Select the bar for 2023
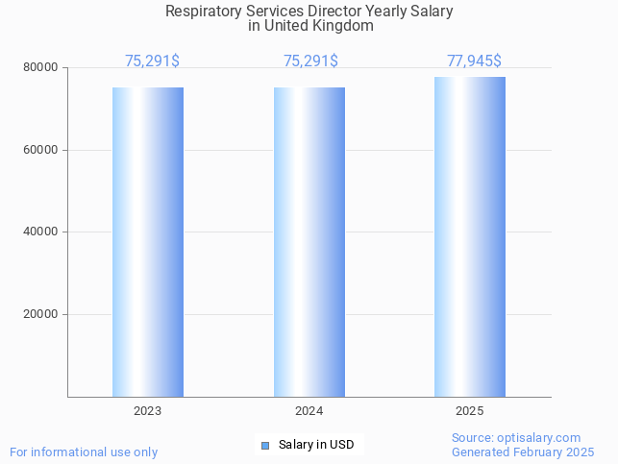pyautogui.click(x=148, y=241)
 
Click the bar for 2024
pyautogui.click(x=309, y=241)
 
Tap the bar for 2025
pyautogui.click(x=470, y=236)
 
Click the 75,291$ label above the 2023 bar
pyautogui.click(x=152, y=61)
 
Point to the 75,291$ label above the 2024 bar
pyautogui.click(x=310, y=61)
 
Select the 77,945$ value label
pyautogui.click(x=474, y=61)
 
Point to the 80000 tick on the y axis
pyautogui.click(x=41, y=68)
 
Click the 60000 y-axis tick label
pyautogui.click(x=41, y=150)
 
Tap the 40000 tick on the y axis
pyautogui.click(x=41, y=232)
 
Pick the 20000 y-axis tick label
pyautogui.click(x=41, y=314)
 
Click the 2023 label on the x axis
pyautogui.click(x=148, y=411)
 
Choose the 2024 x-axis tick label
pyautogui.click(x=309, y=411)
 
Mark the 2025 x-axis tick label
pyautogui.click(x=470, y=411)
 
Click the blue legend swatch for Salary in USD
pyautogui.click(x=265, y=445)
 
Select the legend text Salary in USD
pyautogui.click(x=316, y=445)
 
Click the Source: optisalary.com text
pyautogui.click(x=516, y=438)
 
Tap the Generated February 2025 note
pyautogui.click(x=523, y=452)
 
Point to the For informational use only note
pyautogui.click(x=84, y=452)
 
